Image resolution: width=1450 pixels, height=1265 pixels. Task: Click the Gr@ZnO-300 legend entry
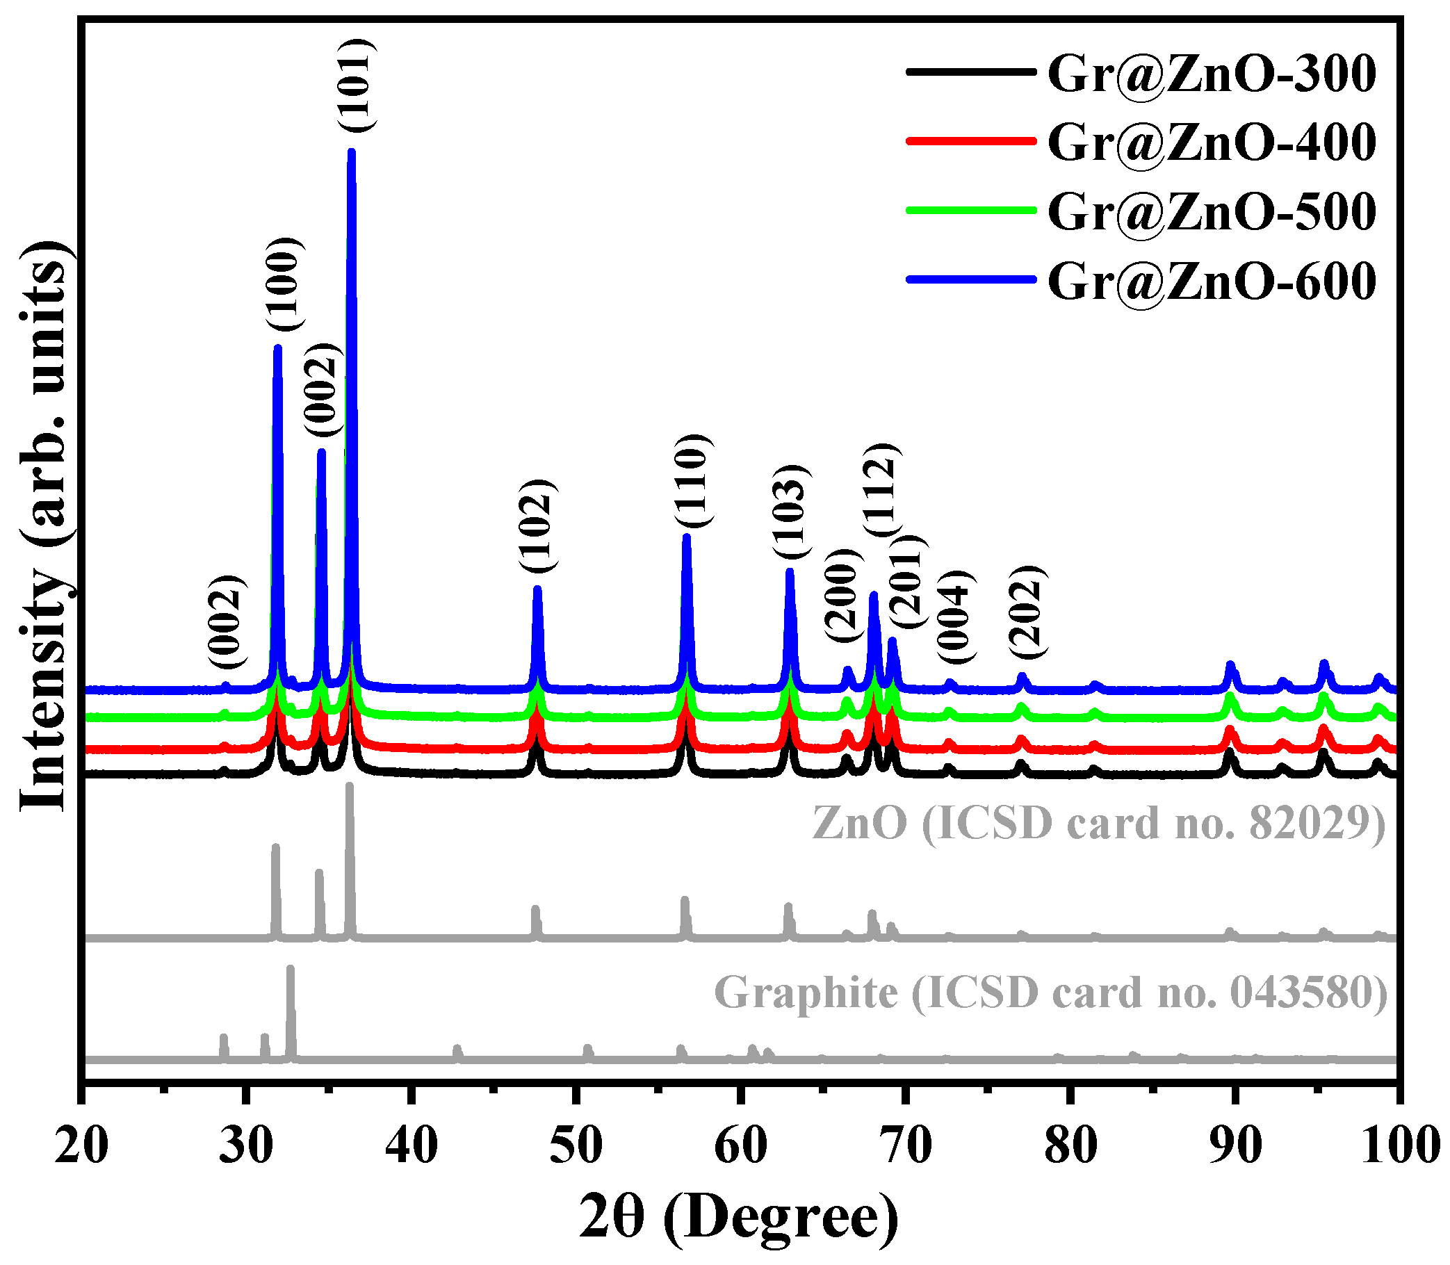coord(1212,74)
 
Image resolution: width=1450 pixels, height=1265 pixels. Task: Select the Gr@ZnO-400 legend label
coord(1212,142)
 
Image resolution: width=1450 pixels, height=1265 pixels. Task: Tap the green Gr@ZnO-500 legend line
coord(970,211)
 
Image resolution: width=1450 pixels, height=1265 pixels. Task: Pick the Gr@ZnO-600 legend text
coord(1212,281)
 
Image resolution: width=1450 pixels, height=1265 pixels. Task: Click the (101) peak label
coord(357,85)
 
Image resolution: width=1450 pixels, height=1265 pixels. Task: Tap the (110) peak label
coord(692,482)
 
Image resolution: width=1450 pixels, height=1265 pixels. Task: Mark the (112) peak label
coord(881,491)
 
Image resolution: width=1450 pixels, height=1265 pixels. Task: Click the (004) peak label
coord(955,617)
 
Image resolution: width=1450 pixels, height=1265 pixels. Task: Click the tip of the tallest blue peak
coord(352,151)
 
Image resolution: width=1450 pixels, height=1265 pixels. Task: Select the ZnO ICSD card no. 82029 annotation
coord(1098,823)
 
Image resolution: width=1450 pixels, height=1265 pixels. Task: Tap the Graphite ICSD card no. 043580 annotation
coord(1050,993)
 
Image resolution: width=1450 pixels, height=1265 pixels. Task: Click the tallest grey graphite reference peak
coord(290,969)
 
